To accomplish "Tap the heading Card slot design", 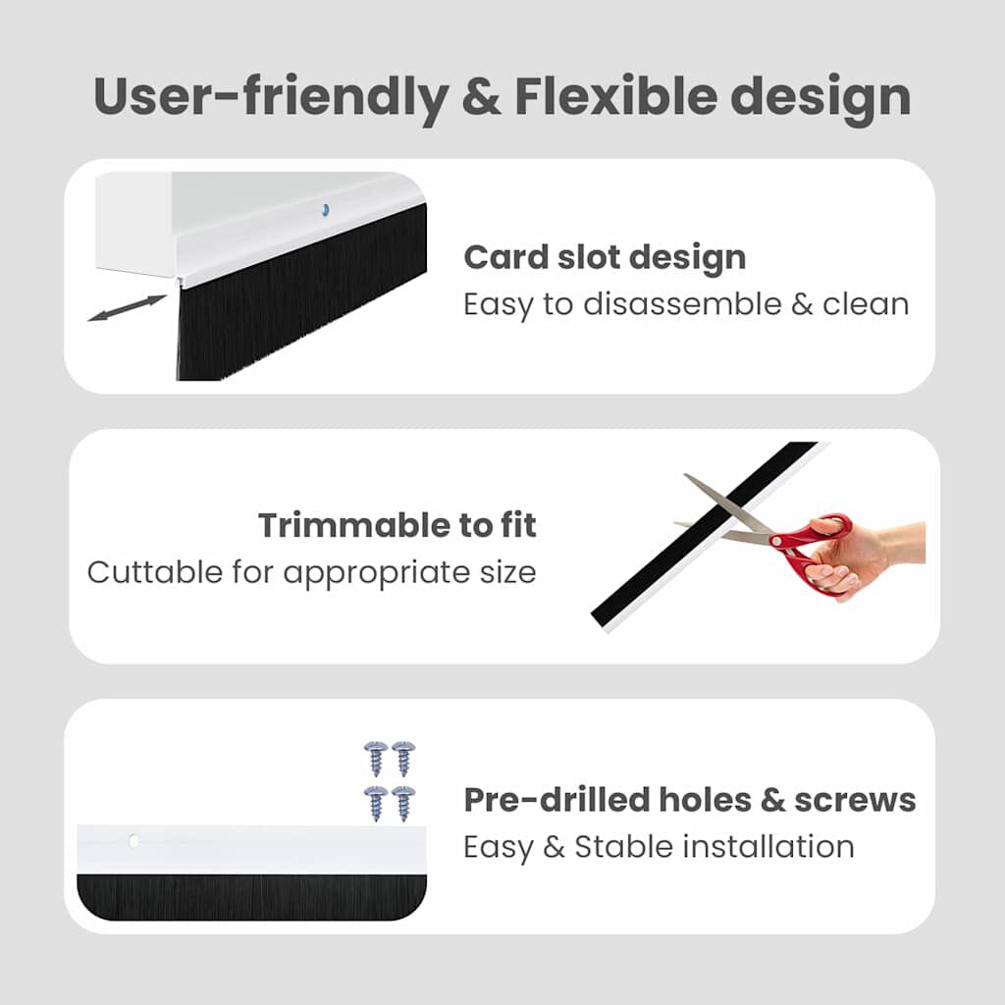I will (x=605, y=257).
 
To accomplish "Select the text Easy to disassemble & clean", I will (x=686, y=304).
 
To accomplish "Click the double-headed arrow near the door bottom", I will (x=127, y=307).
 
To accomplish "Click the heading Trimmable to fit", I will (x=397, y=525).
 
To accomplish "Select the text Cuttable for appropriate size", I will (x=312, y=572).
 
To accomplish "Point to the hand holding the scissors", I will (x=864, y=555).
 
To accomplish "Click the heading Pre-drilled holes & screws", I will (x=690, y=800).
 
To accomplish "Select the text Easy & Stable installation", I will (x=659, y=846).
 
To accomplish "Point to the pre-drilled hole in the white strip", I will (x=132, y=840).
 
